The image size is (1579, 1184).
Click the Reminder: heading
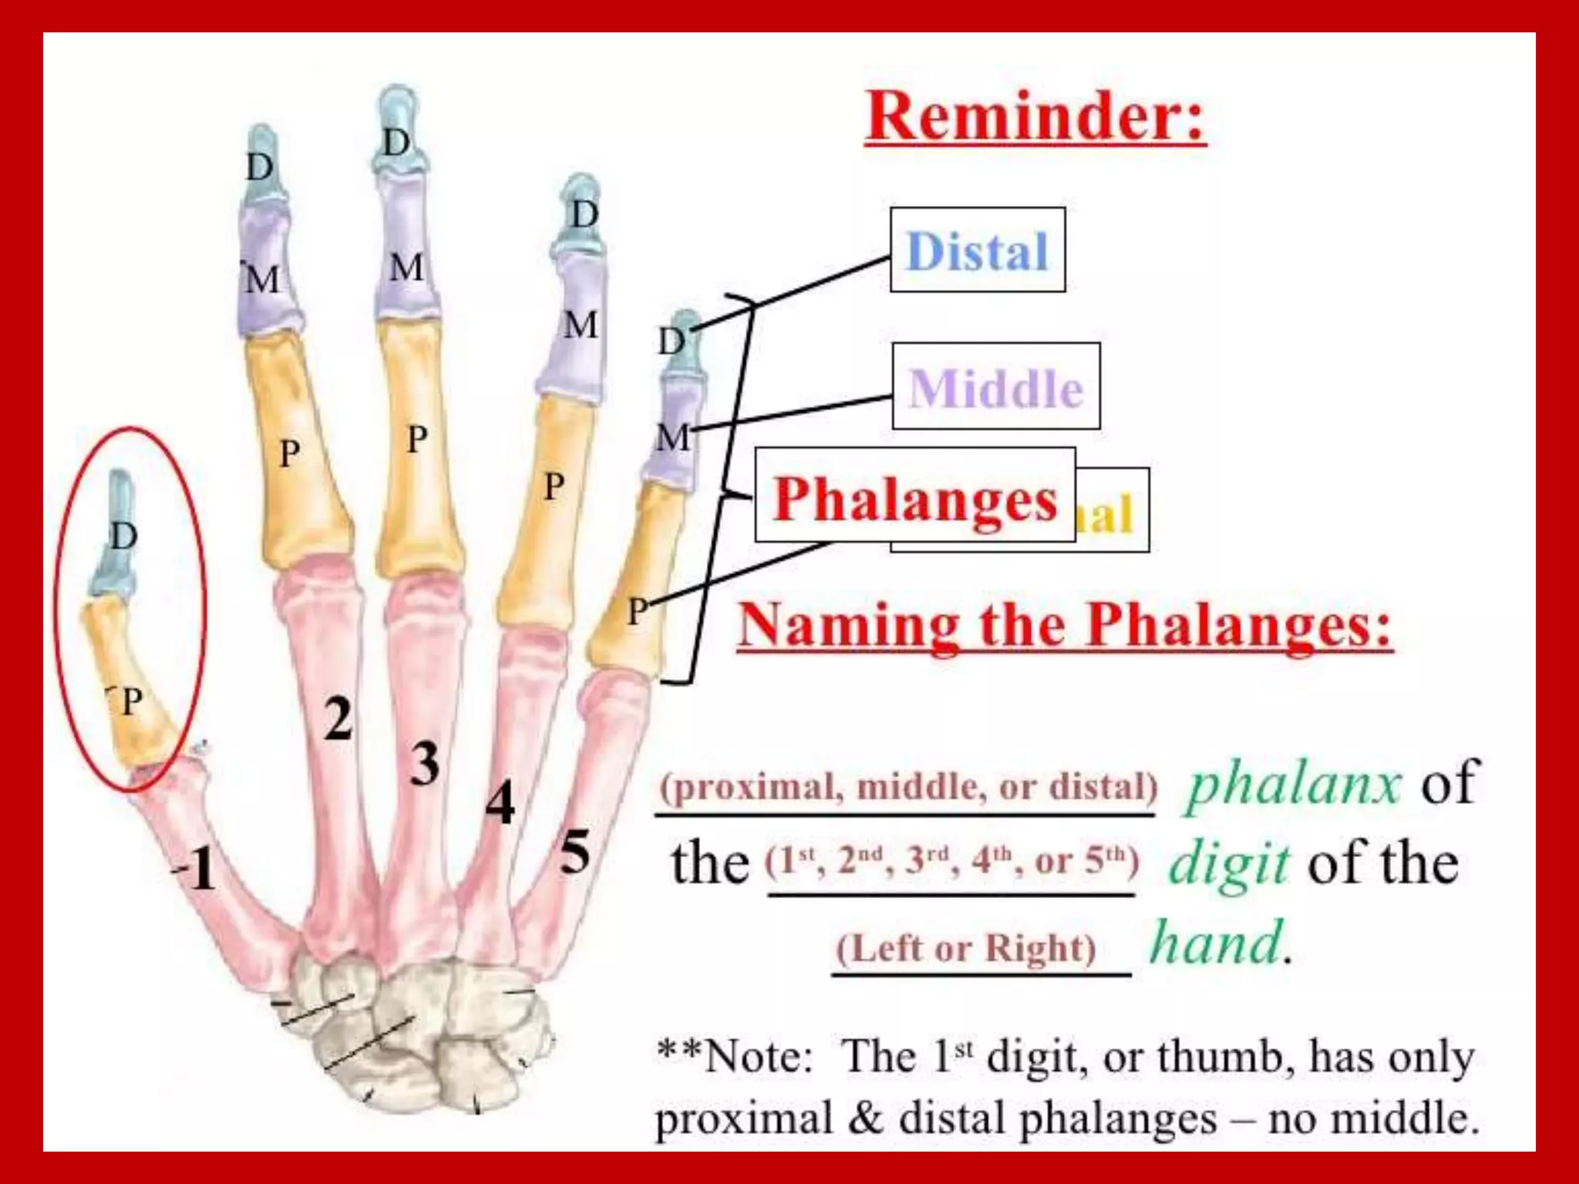pos(1035,117)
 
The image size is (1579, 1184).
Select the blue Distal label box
pos(977,251)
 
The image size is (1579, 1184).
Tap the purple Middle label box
pos(995,387)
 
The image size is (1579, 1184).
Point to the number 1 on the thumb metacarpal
pos(199,869)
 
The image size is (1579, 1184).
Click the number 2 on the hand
pos(338,718)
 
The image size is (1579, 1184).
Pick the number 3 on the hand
pos(424,764)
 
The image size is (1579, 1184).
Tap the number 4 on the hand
pos(500,803)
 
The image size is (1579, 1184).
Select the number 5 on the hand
pos(575,853)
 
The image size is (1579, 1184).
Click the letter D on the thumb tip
pos(123,535)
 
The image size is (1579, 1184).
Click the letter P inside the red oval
pos(132,701)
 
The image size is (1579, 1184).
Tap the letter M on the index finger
pos(262,279)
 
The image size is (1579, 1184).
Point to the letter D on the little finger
pos(672,341)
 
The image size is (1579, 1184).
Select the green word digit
pos(1227,863)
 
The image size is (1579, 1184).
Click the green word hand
pos(1217,943)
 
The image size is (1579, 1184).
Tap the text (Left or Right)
pos(966,948)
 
